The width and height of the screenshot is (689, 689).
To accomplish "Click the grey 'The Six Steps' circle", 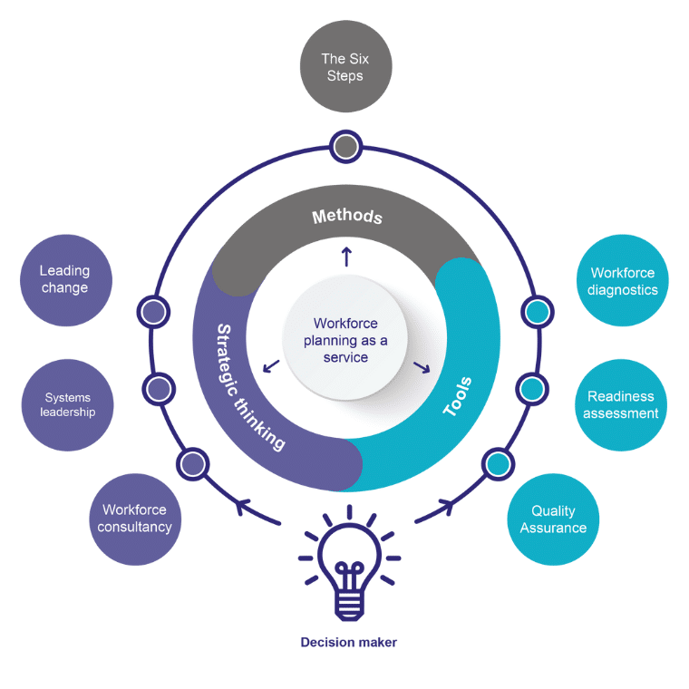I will coord(344,67).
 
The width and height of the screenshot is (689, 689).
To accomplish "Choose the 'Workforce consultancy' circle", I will coord(134,519).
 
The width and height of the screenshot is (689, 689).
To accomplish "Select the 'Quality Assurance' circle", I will coord(553,519).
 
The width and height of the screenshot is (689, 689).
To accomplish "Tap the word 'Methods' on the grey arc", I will coord(347,217).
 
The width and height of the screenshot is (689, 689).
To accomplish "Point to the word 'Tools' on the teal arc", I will coord(458,396).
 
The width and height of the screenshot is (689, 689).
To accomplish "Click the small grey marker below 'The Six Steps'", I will coord(344,146).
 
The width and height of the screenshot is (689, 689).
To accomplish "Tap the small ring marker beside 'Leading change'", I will coord(154,313).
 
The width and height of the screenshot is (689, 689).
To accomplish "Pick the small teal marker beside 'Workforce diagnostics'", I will coord(537,312).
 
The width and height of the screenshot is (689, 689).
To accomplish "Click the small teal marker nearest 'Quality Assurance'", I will coord(497,464).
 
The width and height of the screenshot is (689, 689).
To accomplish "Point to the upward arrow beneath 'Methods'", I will coord(345,257).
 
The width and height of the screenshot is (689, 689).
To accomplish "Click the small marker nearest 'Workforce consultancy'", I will coord(192,464).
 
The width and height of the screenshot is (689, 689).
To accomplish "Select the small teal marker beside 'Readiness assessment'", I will coord(532,390).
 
